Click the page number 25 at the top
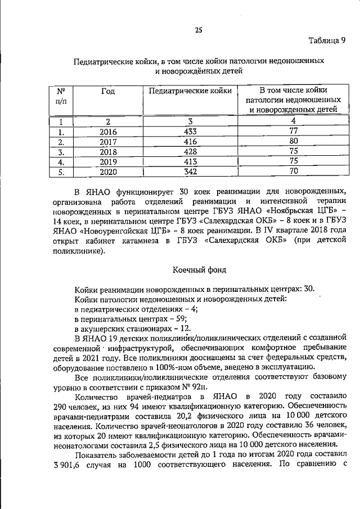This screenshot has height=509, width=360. [199, 30]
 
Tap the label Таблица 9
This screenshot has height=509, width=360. [326, 40]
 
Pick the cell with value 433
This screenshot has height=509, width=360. [191, 132]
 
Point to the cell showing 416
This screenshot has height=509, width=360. [191, 142]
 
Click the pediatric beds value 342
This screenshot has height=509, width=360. [191, 172]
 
